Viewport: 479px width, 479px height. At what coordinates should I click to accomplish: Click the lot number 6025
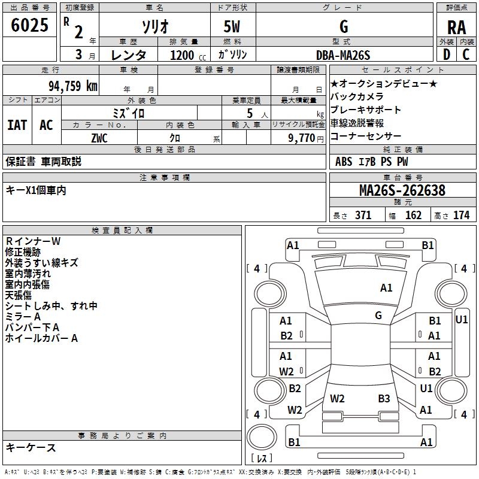coord(29,25)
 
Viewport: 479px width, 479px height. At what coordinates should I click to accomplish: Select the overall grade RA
coord(456,28)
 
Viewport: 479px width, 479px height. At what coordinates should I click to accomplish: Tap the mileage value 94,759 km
coord(73,86)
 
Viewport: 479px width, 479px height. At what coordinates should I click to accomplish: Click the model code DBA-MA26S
coord(343,55)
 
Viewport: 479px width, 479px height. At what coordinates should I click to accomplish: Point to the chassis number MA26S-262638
coord(402,190)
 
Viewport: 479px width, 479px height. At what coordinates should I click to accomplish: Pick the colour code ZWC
coord(99,138)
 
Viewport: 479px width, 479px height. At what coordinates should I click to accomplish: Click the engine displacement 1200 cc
coord(188,55)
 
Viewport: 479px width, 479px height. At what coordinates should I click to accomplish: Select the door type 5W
coord(232,26)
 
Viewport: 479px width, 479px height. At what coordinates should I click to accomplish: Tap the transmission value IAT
coord(17,125)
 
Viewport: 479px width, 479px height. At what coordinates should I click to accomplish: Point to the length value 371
coord(363,215)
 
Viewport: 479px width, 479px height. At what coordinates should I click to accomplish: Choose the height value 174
coord(461,215)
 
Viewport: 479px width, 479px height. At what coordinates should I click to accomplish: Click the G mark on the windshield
coord(378,315)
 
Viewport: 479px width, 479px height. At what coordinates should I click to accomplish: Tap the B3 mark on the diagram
coord(384,398)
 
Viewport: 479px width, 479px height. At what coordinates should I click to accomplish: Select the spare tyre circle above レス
coord(262,436)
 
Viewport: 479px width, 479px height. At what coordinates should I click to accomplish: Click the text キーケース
coord(31,447)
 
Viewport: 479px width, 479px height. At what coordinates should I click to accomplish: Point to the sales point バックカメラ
coord(357,96)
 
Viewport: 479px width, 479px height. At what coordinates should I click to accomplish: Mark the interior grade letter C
coord(466,54)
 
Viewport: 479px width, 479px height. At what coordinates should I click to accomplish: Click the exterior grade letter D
coord(447,54)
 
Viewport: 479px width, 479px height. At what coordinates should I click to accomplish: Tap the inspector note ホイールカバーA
coord(41,338)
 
